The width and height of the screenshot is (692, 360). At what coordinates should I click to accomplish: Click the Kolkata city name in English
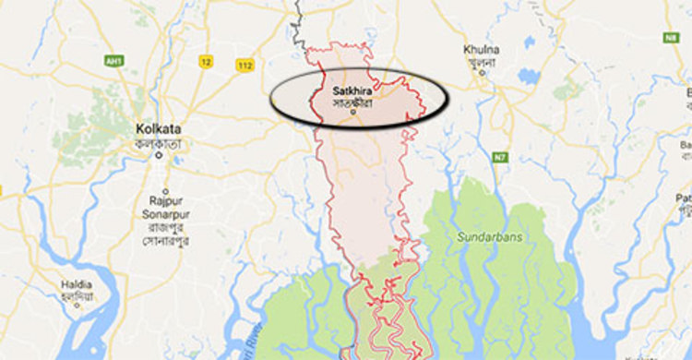(x=158, y=128)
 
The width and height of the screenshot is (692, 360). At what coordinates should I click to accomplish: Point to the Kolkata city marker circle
(x=159, y=154)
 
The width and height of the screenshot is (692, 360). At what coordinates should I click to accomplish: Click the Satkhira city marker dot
(x=354, y=113)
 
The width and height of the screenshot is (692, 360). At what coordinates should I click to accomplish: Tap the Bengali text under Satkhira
(x=354, y=102)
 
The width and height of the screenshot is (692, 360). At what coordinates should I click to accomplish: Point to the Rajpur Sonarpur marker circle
(x=162, y=186)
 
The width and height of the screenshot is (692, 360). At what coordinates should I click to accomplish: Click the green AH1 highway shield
(x=114, y=61)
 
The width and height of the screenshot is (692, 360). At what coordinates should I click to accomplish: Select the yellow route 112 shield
(x=245, y=65)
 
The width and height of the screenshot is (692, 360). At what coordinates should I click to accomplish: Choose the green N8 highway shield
(x=671, y=38)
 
